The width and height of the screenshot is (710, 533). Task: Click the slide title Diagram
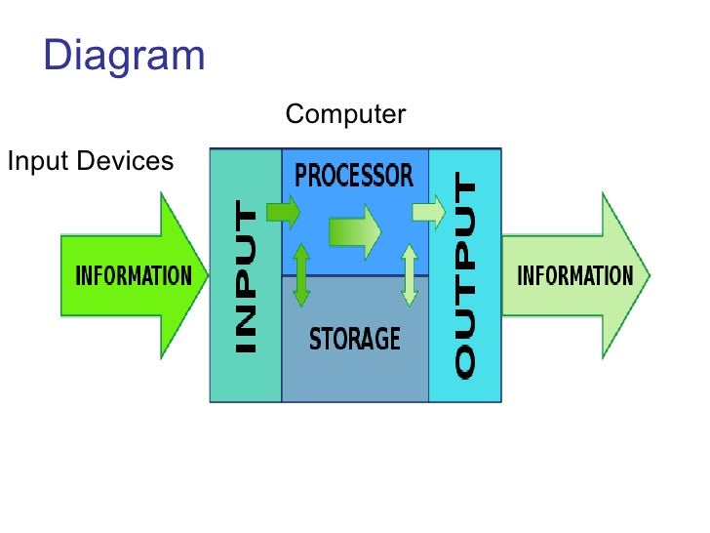[124, 56]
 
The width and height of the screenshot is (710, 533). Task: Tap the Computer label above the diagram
[345, 115]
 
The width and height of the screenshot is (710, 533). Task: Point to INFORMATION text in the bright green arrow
[134, 275]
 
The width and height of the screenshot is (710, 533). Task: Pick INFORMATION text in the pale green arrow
[574, 275]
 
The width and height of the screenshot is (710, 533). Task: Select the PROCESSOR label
[354, 177]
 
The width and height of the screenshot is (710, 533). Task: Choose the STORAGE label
[355, 339]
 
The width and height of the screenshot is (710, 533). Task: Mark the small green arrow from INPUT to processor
[284, 211]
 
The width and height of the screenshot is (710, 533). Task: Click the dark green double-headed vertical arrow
[301, 274]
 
